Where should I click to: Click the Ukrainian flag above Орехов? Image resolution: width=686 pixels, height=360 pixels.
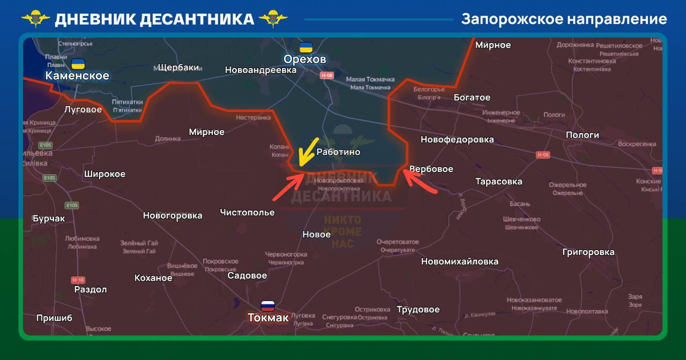pyautogui.click(x=305, y=47)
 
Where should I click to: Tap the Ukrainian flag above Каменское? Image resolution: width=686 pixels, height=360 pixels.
pyautogui.click(x=78, y=64)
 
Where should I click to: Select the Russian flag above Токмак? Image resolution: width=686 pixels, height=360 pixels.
pyautogui.click(x=268, y=306)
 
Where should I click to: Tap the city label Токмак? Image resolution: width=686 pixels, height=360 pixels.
pyautogui.click(x=268, y=318)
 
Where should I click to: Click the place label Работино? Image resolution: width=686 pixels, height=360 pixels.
pyautogui.click(x=338, y=152)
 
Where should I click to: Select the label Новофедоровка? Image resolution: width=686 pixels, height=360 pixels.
pyautogui.click(x=457, y=140)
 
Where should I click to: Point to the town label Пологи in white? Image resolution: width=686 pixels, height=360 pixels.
pyautogui.click(x=582, y=135)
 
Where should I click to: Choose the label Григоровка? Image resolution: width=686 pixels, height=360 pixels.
pyautogui.click(x=588, y=252)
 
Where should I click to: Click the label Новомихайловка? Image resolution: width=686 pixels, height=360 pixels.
pyautogui.click(x=459, y=262)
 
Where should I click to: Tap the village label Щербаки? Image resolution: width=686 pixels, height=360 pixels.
pyautogui.click(x=178, y=67)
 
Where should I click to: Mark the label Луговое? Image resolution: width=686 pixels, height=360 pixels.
pyautogui.click(x=83, y=110)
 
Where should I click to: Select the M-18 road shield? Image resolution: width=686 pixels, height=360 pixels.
pyautogui.click(x=78, y=280)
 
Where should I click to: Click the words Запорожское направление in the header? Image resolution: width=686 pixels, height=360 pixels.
pyautogui.click(x=564, y=19)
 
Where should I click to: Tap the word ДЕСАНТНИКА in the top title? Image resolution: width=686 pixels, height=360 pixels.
pyautogui.click(x=196, y=19)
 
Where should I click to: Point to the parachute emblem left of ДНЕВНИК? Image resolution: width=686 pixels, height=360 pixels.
pyautogui.click(x=35, y=19)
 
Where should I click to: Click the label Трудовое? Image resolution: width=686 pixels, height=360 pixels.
pyautogui.click(x=418, y=310)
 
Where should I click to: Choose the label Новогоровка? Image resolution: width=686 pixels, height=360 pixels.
pyautogui.click(x=172, y=216)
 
